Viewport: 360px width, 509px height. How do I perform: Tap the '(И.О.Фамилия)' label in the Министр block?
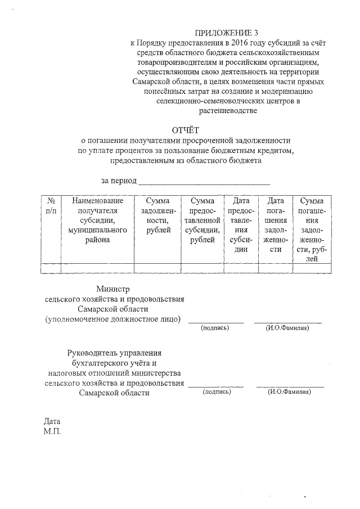coord(287,328)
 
